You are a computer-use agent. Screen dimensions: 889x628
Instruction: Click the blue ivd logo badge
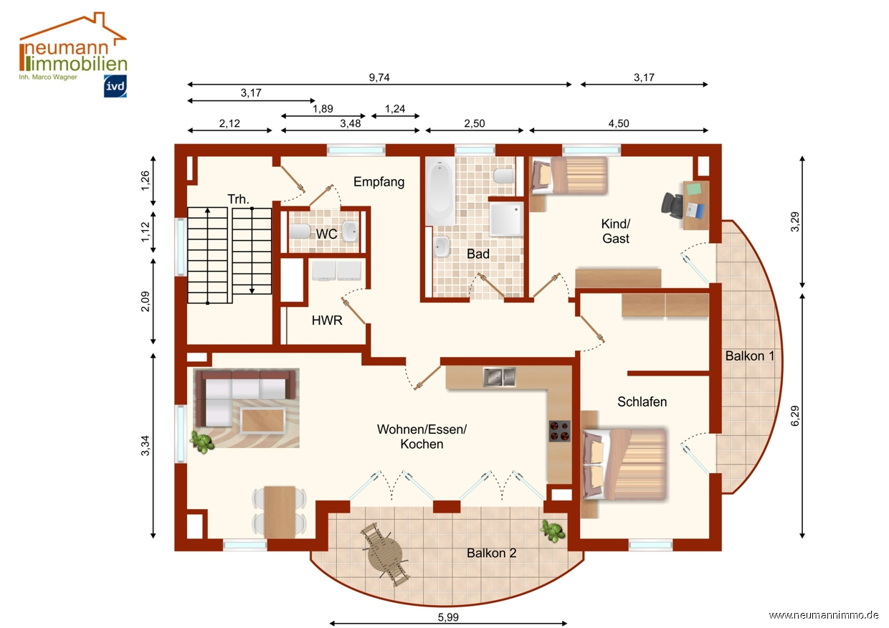(x=115, y=86)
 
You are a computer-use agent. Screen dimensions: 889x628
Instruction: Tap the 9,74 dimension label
(x=379, y=77)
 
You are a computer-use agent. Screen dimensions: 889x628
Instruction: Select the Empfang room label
(x=379, y=182)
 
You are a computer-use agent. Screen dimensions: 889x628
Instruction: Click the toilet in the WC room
(x=300, y=231)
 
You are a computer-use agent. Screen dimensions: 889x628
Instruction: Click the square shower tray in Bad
(x=506, y=219)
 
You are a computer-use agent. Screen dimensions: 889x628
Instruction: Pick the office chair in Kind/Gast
(x=672, y=205)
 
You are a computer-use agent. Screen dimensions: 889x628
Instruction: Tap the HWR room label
(x=327, y=320)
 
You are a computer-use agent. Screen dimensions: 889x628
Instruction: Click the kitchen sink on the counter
(x=499, y=377)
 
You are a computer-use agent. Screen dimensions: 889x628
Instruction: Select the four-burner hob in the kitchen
(x=560, y=431)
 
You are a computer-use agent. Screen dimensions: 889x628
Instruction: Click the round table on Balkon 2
(x=384, y=553)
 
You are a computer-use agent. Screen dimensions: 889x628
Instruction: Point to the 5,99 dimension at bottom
(x=449, y=617)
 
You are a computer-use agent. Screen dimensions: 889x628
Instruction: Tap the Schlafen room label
(x=642, y=401)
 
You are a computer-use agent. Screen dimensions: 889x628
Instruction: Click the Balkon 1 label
(x=750, y=356)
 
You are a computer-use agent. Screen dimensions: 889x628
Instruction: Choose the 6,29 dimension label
(x=795, y=416)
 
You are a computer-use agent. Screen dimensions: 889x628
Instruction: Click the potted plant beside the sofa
(x=203, y=442)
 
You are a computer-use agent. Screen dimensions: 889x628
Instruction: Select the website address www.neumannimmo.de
(x=824, y=615)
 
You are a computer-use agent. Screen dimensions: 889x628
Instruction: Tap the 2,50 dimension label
(x=475, y=123)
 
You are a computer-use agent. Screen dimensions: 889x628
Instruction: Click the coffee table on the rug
(x=262, y=420)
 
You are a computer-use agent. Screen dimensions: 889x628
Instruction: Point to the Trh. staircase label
(x=238, y=199)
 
